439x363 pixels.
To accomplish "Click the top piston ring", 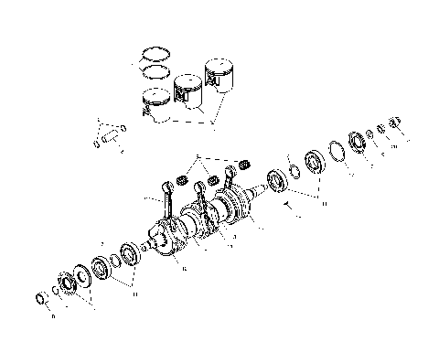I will click(154, 53).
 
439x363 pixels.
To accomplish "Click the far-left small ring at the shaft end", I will click(40, 299).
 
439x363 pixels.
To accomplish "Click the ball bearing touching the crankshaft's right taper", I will click(275, 179).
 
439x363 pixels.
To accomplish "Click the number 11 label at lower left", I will click(135, 294).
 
